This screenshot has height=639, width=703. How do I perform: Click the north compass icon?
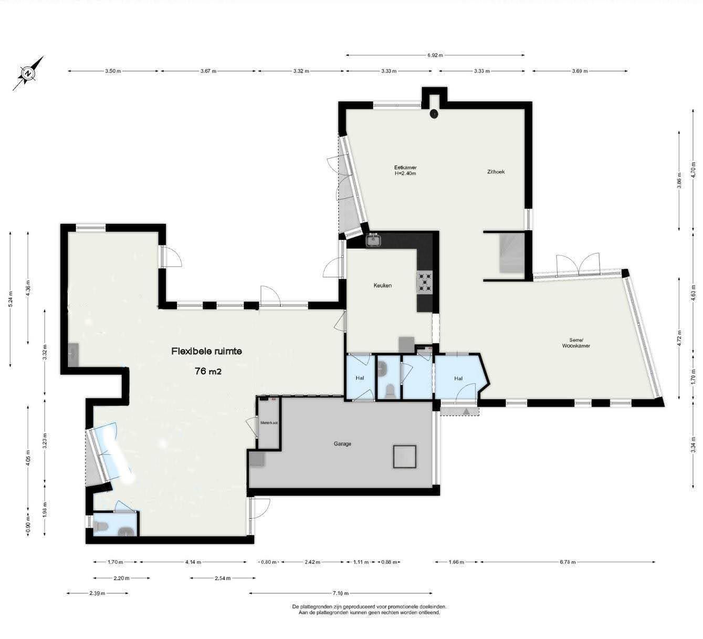28,74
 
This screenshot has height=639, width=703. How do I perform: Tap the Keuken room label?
382,285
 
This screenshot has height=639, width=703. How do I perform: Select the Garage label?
342,444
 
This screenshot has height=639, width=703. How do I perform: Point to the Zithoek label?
496,172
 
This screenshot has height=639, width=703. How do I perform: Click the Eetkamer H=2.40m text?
405,170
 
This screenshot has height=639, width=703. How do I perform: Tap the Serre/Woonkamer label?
576,343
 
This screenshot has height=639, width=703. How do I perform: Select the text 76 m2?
208,371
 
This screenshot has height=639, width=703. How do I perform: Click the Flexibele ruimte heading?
206,351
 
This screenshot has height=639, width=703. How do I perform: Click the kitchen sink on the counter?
374,240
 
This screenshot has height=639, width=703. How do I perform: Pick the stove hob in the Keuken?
424,282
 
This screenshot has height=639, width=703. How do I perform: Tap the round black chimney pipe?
434,114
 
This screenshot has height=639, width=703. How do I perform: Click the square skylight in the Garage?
405,457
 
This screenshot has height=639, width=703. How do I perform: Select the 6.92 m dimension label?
435,55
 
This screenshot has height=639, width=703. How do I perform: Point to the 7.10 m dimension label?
341,593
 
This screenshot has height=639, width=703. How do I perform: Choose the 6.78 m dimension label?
568,562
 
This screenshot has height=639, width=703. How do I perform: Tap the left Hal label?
360,378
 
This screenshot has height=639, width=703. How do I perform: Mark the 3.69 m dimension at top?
579,71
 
